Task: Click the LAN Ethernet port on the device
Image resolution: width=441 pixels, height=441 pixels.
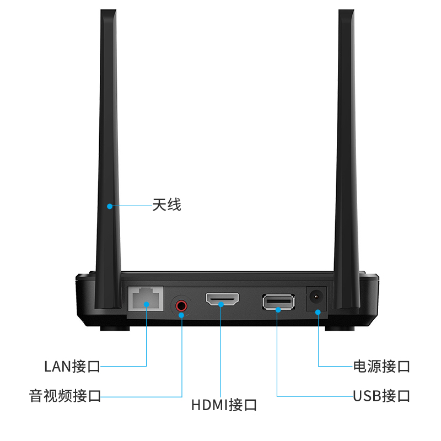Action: pyautogui.click(x=146, y=299)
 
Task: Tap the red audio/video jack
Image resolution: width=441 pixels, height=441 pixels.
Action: pyautogui.click(x=181, y=304)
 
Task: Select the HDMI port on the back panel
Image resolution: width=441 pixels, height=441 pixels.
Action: pyautogui.click(x=222, y=300)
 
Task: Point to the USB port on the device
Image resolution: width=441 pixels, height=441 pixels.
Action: pyautogui.click(x=278, y=302)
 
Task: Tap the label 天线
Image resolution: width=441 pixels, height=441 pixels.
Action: pyautogui.click(x=166, y=206)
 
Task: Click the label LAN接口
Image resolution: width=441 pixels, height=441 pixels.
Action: pyautogui.click(x=72, y=365)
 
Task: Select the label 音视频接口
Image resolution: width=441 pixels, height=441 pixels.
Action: pyautogui.click(x=65, y=396)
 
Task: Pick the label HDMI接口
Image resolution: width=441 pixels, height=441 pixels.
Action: pyautogui.click(x=224, y=405)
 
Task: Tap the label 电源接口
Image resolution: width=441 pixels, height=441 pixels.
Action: pyautogui.click(x=381, y=365)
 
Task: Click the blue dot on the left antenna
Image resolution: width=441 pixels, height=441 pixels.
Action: pyautogui.click(x=110, y=206)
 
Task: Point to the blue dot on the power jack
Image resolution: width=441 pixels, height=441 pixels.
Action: pyautogui.click(x=318, y=313)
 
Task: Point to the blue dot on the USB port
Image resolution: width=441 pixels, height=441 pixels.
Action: pyautogui.click(x=277, y=309)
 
